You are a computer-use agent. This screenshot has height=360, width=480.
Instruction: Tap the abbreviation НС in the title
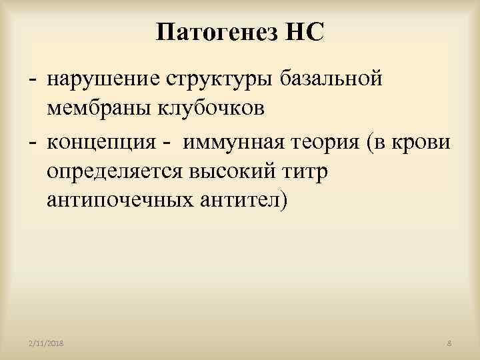tap(302, 31)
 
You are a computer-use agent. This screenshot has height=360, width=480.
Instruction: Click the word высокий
tap(242, 171)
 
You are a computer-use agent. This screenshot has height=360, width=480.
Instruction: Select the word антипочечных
tap(123, 199)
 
